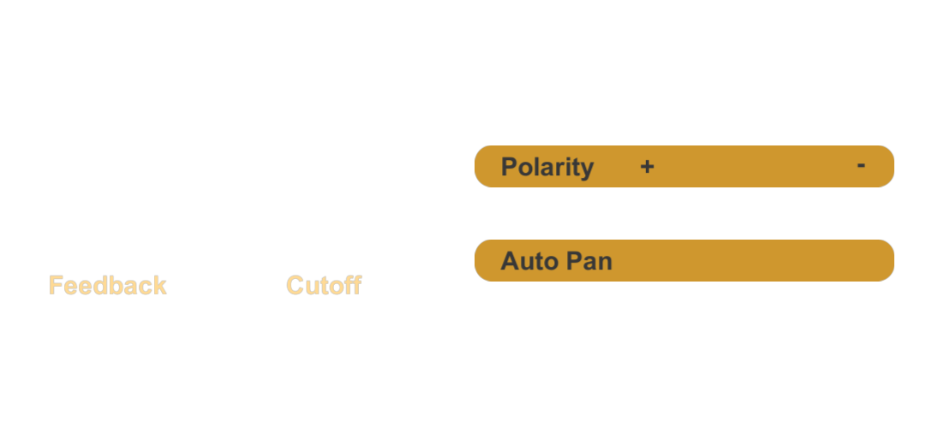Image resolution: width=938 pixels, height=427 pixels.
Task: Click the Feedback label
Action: coord(108,286)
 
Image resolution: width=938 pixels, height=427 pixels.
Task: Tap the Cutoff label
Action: coord(324,286)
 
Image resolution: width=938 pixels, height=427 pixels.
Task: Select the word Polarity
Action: coord(547,167)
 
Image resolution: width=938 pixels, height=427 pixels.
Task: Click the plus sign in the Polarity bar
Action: coord(647,167)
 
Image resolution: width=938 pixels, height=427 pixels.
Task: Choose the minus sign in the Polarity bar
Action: coord(861,165)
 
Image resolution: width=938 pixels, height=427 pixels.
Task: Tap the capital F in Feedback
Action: coord(56,286)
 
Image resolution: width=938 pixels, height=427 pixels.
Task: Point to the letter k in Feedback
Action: coord(158,286)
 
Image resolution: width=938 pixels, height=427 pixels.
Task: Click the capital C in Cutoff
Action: coord(295,286)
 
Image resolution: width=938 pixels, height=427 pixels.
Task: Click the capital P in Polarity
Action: coord(509,167)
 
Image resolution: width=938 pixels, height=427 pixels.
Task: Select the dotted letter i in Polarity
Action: coord(566,167)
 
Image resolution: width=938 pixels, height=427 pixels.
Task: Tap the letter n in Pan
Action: coord(606,264)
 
